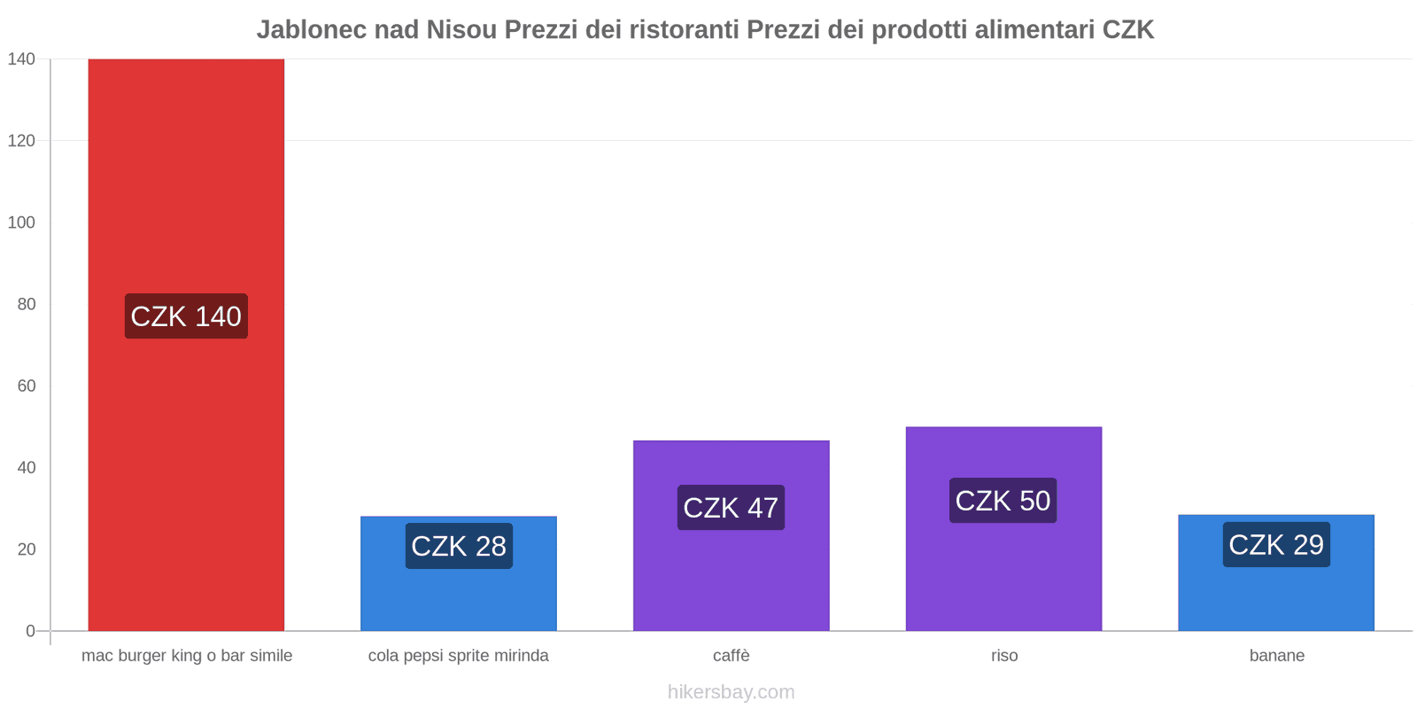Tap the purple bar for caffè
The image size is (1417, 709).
point(731,576)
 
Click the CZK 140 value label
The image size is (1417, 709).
point(186,316)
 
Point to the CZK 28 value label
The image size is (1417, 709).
point(459,546)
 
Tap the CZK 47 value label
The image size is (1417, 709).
point(731,508)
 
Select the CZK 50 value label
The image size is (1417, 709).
point(1003,501)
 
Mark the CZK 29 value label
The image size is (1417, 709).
point(1276,544)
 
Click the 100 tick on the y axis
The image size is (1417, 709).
point(21,222)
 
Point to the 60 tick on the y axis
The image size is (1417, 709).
point(27,386)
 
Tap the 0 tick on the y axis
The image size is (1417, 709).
point(31,631)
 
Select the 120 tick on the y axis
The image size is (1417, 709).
point(21,141)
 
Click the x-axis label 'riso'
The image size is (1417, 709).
point(1004,656)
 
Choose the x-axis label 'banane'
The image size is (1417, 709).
point(1276,656)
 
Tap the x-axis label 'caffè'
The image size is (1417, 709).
point(731,656)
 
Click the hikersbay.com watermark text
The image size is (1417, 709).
point(731,692)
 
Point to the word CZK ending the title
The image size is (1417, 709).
point(1127,30)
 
